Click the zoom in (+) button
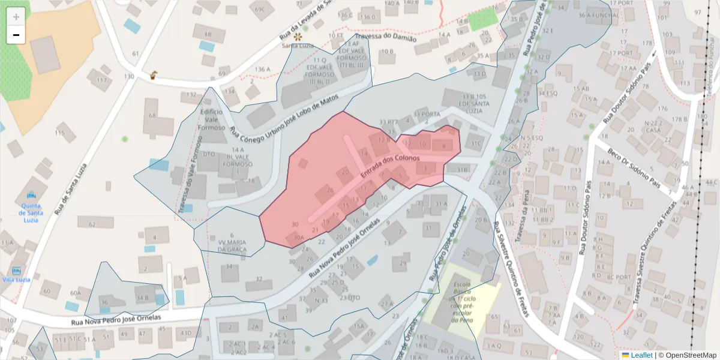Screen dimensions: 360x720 (x=16, y=16)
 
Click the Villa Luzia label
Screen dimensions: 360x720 (x=17, y=280)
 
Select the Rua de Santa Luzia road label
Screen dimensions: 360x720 (x=72, y=189)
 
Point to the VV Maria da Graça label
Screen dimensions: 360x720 (x=232, y=245)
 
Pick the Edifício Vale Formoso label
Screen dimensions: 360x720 (x=212, y=119)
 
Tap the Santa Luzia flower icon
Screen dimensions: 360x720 (x=297, y=37)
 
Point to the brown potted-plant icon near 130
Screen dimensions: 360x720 (x=154, y=76)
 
